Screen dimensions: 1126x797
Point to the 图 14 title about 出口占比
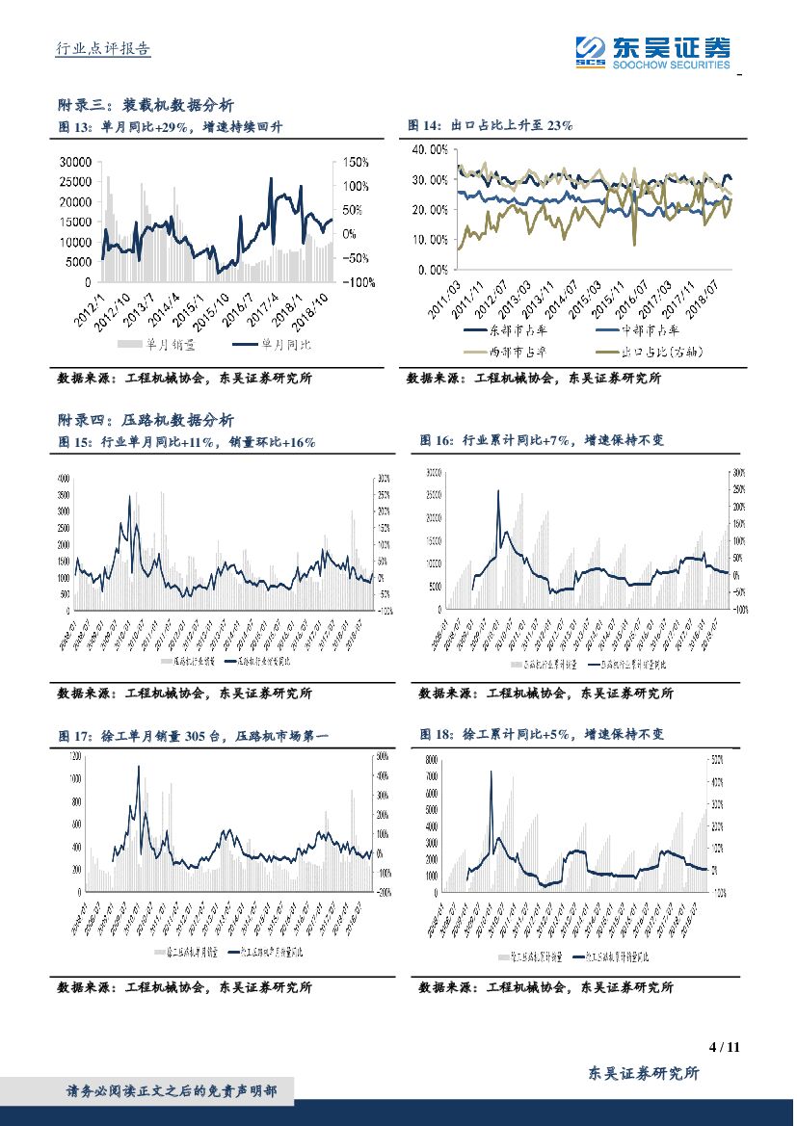491,125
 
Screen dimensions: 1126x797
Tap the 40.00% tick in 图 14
428,149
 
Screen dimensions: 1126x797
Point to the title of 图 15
187,442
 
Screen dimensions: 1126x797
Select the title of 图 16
542,440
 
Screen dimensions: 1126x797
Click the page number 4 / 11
723,1047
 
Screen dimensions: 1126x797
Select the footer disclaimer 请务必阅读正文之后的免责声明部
172,1091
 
